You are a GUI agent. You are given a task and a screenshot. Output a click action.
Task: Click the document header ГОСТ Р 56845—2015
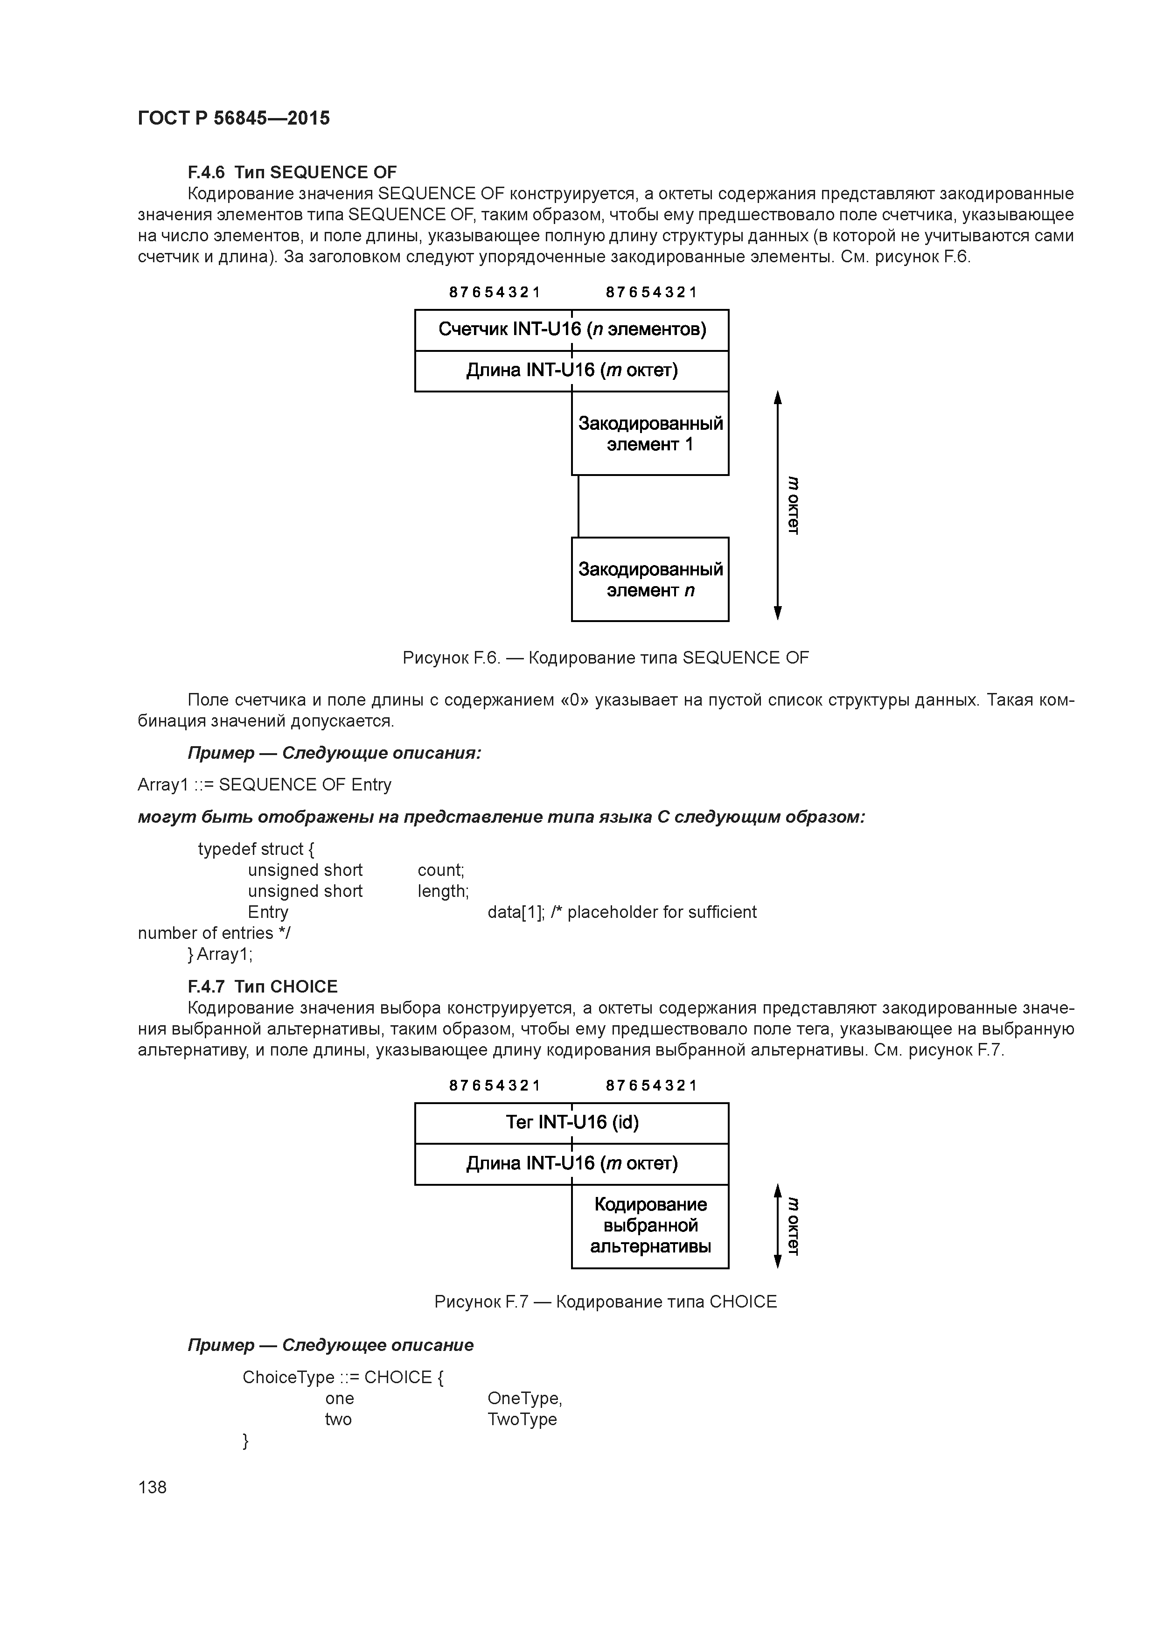tap(233, 119)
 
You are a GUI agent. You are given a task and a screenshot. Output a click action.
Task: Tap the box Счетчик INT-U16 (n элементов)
tap(571, 329)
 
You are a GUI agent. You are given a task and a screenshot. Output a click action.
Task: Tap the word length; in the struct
tap(443, 891)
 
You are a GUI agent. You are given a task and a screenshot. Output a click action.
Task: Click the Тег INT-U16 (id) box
tap(571, 1122)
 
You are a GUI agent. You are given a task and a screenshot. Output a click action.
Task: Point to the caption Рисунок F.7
tap(605, 1302)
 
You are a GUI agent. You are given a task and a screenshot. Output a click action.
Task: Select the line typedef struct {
tap(255, 849)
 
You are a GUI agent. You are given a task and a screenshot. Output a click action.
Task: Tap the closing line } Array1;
tap(220, 954)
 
